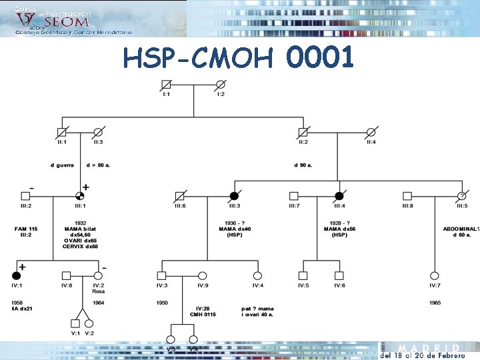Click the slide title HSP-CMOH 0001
point(238,59)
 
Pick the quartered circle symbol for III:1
point(80,196)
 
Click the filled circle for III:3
point(234,196)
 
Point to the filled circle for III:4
point(339,196)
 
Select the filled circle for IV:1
point(16,275)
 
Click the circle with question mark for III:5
point(461,196)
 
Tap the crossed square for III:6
point(179,196)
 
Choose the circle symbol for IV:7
point(435,275)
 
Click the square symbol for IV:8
point(66,275)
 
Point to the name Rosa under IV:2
point(98,291)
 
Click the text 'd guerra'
point(62,165)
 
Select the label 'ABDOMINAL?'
point(461,229)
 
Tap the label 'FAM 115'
point(26,229)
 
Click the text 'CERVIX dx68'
point(80,246)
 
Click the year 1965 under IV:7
point(435,302)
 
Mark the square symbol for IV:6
point(339,275)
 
